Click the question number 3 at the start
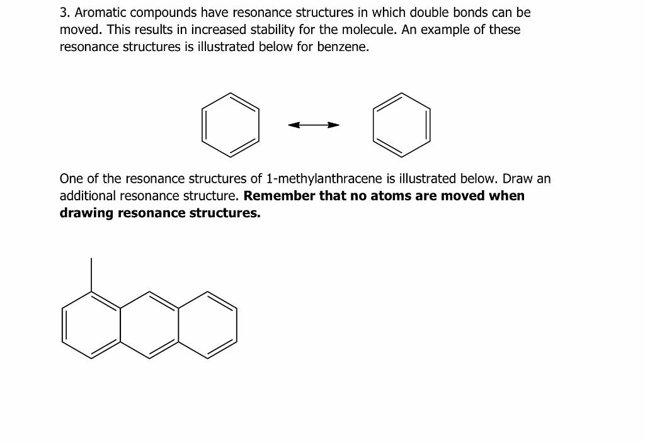[x=64, y=13]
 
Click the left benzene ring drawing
[x=231, y=125]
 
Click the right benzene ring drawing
[x=402, y=125]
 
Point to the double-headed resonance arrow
[x=314, y=125]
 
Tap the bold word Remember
[x=278, y=196]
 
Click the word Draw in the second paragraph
[x=517, y=179]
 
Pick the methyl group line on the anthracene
[x=91, y=275]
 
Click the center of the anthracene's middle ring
[x=149, y=325]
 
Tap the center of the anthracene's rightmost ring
[x=207, y=325]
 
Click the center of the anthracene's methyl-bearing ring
[x=91, y=325]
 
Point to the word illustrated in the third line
[x=225, y=47]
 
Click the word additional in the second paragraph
[x=86, y=196]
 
